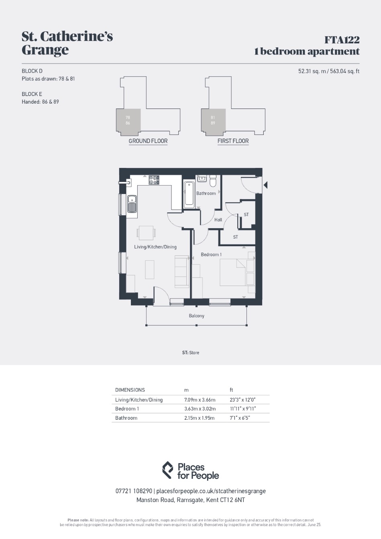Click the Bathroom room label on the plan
coord(206,193)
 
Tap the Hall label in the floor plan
coord(218,220)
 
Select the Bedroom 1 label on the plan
coord(211,254)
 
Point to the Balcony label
coord(196,316)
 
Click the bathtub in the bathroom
coord(189,195)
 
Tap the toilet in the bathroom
coord(213,181)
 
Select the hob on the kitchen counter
coord(154,180)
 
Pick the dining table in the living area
coord(146,233)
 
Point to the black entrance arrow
coord(265,185)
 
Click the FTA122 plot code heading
coord(342,40)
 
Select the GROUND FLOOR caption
coord(148,141)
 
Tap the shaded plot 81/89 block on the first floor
coord(213,120)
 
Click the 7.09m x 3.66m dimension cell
coord(200,400)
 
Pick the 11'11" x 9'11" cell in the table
coord(243,409)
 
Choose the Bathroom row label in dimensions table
coord(126,418)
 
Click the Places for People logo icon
coord(168,470)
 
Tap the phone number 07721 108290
coord(134,491)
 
